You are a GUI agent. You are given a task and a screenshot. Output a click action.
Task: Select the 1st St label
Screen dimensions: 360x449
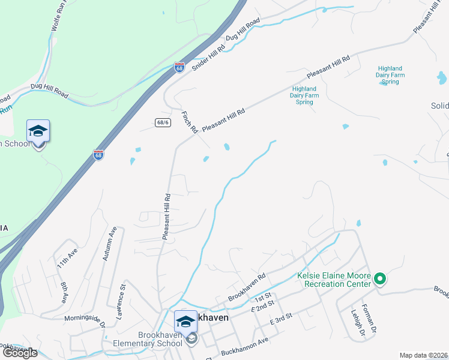[262, 298]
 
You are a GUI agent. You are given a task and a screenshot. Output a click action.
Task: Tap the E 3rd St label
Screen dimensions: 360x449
[280, 319]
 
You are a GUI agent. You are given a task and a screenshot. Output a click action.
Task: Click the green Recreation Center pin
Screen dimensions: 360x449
[379, 279]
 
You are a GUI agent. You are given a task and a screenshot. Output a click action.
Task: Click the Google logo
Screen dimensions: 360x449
[20, 352]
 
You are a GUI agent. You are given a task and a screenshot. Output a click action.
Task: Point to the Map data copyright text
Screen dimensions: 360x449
[423, 355]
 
